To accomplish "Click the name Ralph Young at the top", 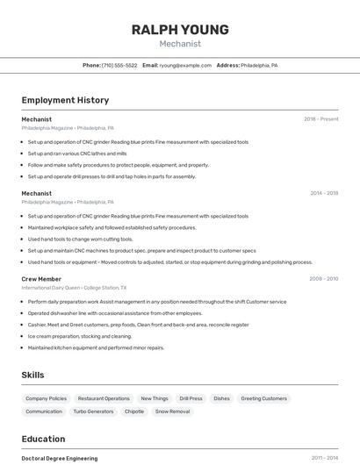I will (x=180, y=29).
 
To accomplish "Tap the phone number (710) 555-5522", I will (x=119, y=65).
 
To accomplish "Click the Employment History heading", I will (x=65, y=100).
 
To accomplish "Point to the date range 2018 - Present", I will (x=320, y=119).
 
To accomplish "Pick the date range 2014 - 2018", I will (x=324, y=193).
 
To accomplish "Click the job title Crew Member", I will (x=41, y=279).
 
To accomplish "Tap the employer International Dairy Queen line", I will (x=74, y=288).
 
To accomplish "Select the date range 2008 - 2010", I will (x=323, y=279).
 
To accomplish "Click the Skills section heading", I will (x=32, y=375).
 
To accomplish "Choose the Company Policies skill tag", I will (x=46, y=398).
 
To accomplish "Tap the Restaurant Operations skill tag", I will (x=104, y=398).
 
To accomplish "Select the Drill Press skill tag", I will (x=191, y=398).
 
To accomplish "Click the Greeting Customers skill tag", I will (x=263, y=398).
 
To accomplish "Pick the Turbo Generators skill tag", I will (x=93, y=411).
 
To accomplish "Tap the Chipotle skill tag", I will (x=134, y=411).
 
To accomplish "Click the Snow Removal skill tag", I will (x=174, y=411).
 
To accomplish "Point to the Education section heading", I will (x=43, y=439).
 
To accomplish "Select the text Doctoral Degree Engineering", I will (x=60, y=458).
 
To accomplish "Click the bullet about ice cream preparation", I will (x=80, y=336).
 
